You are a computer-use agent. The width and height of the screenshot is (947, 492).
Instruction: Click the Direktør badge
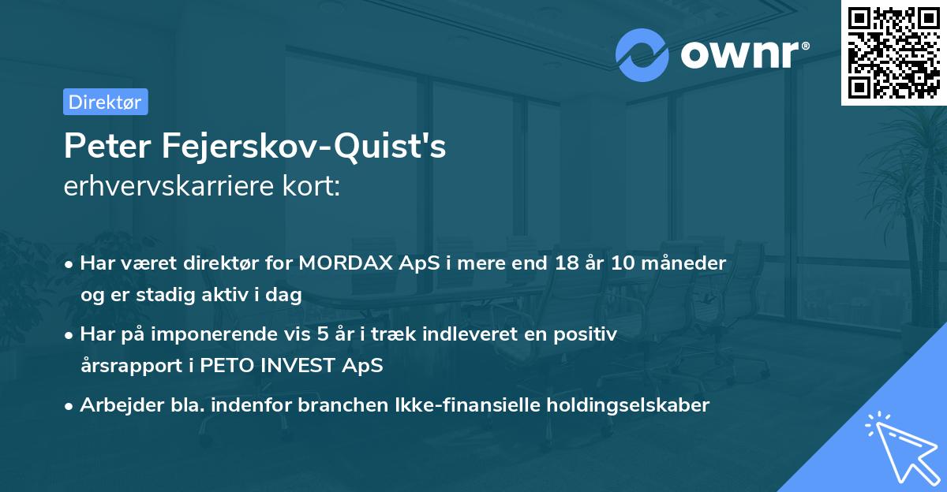[105, 102]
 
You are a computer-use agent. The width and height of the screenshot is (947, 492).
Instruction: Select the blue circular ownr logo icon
[642, 54]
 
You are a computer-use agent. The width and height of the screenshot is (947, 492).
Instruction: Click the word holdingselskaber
[621, 405]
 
